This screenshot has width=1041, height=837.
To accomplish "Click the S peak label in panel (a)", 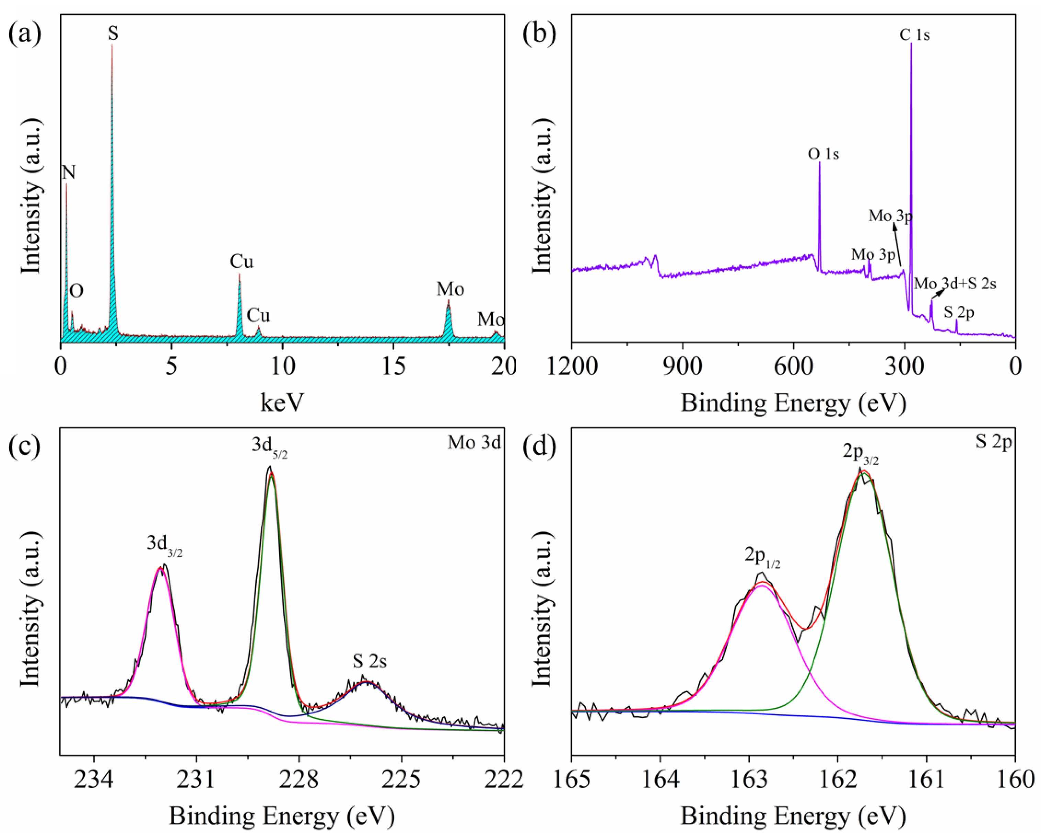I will click(113, 34).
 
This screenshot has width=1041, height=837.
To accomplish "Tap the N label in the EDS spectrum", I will click(69, 173).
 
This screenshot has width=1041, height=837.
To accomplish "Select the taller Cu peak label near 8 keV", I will click(241, 262).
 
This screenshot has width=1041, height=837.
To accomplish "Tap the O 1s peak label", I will click(823, 154).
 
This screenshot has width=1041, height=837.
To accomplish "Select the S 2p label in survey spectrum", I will click(959, 312).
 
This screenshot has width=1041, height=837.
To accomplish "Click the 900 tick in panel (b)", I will click(682, 367).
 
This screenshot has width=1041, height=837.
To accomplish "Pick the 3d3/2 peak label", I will click(165, 544).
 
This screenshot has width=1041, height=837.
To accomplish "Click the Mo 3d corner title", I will click(474, 443).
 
